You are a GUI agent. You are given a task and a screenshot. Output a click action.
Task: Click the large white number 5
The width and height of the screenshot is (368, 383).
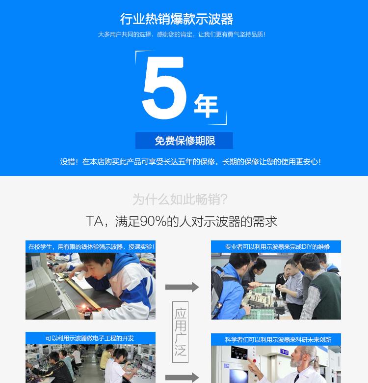(x=164, y=88)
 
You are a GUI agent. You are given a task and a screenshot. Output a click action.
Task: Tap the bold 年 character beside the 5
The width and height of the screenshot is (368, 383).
(x=206, y=106)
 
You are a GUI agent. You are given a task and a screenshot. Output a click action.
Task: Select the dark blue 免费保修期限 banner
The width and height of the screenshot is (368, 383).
(x=184, y=141)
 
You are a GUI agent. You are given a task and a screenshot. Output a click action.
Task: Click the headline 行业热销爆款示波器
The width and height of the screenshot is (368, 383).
(x=177, y=19)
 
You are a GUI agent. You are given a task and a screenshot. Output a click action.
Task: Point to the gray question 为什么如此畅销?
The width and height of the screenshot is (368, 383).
(x=180, y=199)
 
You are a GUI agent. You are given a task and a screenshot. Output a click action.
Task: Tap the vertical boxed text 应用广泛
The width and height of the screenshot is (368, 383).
(x=180, y=332)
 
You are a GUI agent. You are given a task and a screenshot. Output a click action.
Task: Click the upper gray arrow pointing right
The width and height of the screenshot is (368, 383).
(x=182, y=287)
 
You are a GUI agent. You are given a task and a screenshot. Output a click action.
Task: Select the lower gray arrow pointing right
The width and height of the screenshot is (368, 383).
(x=182, y=378)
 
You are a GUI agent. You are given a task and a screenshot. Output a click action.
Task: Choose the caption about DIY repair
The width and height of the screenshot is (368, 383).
(x=277, y=247)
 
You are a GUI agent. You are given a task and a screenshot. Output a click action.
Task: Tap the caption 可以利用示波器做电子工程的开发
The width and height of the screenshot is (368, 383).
(x=90, y=338)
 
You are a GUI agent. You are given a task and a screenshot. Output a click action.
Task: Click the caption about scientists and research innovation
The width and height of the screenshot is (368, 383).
(x=278, y=340)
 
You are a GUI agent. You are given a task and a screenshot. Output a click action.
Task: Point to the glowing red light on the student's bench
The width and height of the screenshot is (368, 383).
(x=84, y=306)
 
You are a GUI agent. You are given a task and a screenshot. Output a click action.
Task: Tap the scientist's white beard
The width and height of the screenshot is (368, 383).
(x=296, y=363)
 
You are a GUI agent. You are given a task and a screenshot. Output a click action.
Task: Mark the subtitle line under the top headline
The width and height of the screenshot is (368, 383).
(x=182, y=34)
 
